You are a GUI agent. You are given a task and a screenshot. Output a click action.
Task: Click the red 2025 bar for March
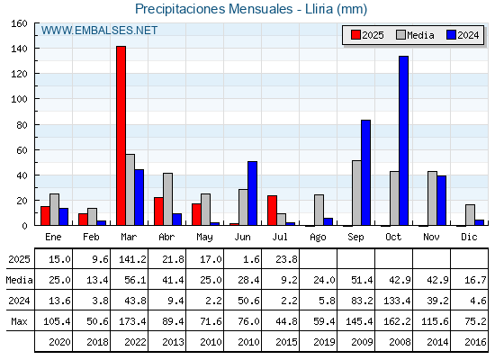(121, 136)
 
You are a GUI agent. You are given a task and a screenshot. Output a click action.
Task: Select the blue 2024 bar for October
(404, 140)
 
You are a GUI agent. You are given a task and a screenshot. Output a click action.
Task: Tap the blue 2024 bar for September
(365, 173)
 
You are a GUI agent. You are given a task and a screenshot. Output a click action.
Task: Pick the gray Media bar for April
(167, 199)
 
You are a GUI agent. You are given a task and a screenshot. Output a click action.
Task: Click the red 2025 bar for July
(272, 211)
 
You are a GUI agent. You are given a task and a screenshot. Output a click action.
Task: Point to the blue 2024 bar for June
(252, 193)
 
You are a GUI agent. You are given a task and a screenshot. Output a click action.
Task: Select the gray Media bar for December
(470, 215)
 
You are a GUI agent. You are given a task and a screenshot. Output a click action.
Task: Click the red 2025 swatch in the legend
(355, 35)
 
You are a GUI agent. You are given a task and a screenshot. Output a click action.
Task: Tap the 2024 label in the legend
(468, 35)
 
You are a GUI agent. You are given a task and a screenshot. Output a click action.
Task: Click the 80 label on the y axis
(22, 125)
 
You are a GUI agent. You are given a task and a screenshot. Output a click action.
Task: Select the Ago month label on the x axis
(318, 238)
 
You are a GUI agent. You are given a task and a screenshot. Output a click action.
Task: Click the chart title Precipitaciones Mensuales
(214, 9)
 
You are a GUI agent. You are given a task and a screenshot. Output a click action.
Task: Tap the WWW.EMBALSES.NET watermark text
(99, 31)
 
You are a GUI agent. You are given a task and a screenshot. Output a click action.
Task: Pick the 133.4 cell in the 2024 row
(397, 301)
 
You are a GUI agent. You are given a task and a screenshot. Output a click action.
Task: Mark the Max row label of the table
(19, 321)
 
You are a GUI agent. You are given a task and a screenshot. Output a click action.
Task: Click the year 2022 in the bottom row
(135, 342)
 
